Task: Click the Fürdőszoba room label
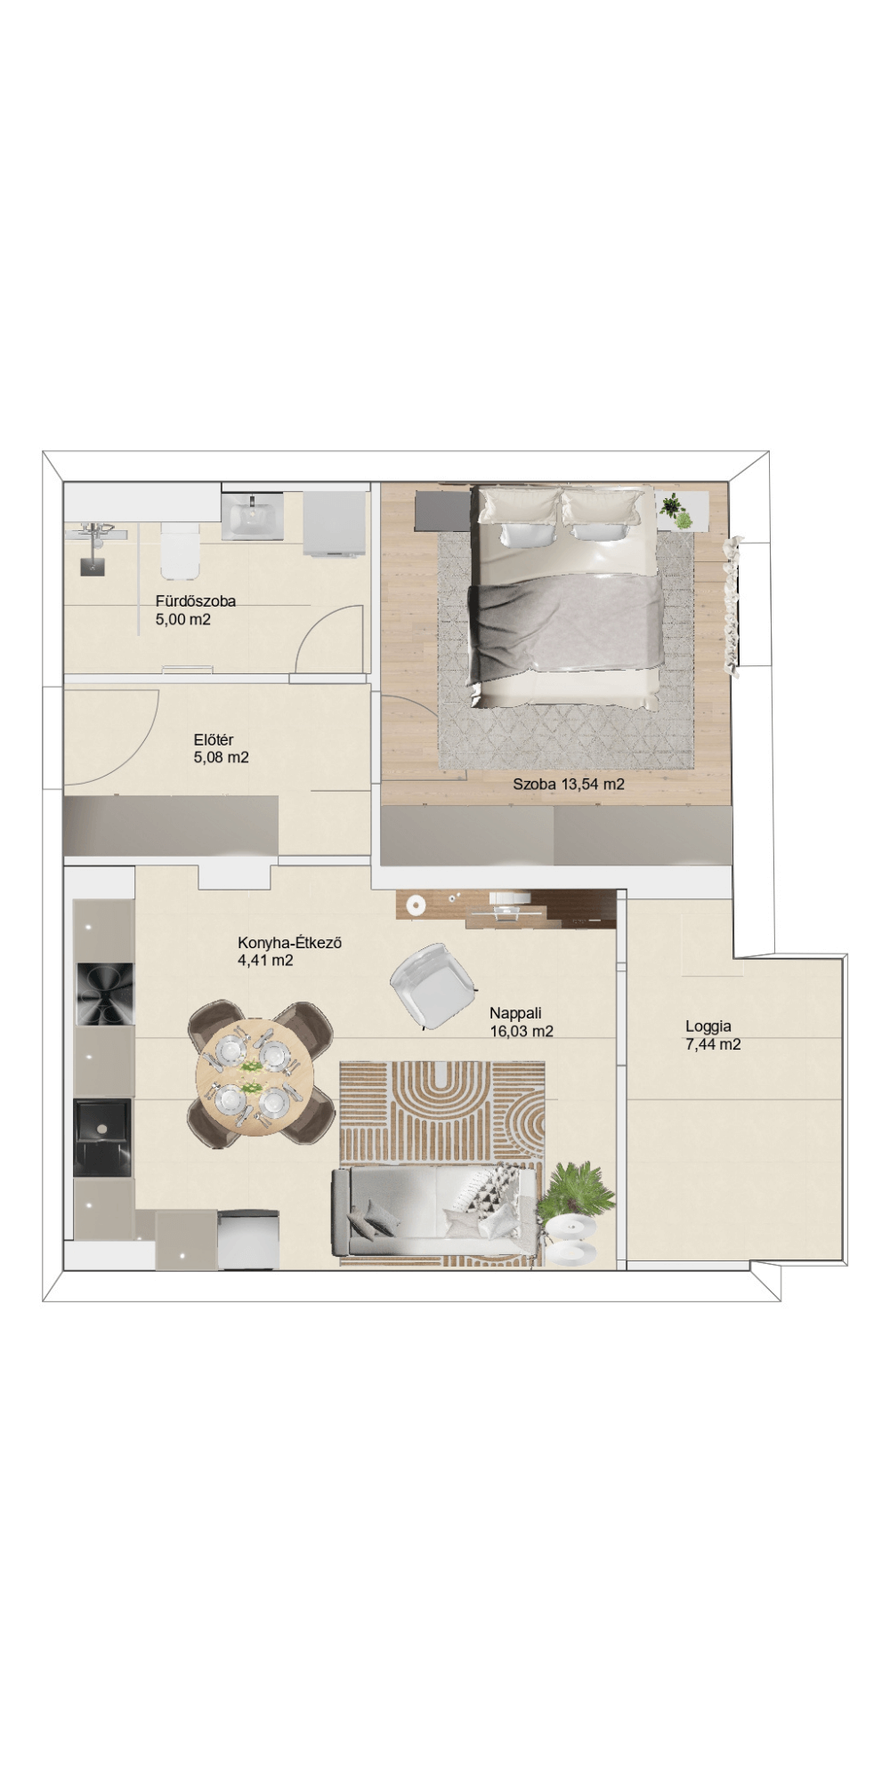click(196, 601)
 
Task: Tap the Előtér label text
click(214, 740)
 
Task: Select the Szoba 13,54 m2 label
click(569, 785)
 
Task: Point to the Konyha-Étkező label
click(289, 943)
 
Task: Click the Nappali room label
click(515, 1013)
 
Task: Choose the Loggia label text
click(708, 1026)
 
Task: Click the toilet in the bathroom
click(180, 549)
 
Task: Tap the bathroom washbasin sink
click(254, 515)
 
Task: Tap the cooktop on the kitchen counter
click(103, 994)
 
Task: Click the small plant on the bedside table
click(675, 511)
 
